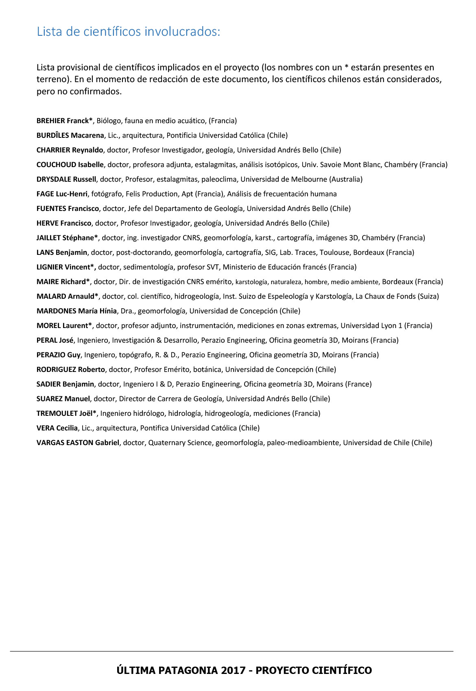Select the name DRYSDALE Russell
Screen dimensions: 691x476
pos(66,179)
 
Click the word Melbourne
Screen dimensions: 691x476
pos(309,179)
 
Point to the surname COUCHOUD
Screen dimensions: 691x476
pos(56,165)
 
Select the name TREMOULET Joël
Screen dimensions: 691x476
pos(66,413)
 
